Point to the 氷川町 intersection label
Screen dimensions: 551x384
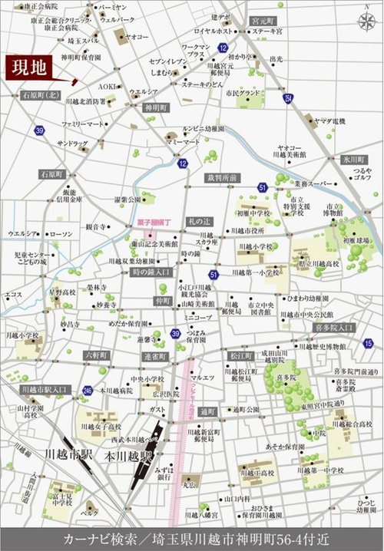click(356, 159)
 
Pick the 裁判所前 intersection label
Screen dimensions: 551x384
click(221, 177)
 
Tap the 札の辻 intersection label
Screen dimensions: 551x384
click(199, 221)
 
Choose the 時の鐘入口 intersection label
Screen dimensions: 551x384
click(151, 272)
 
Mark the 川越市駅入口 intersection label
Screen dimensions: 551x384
click(45, 390)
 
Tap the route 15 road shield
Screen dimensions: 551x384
click(369, 343)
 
